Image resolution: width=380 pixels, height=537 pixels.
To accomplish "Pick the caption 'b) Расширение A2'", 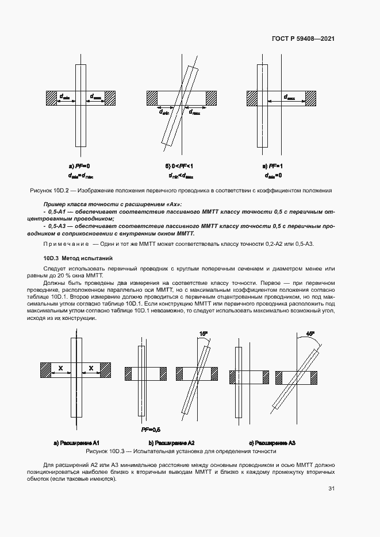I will pos(171,443).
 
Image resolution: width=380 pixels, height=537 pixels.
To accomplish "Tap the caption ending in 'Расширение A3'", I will pos(272,443).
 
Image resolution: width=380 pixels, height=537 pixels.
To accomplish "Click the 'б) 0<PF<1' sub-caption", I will pos(179,166).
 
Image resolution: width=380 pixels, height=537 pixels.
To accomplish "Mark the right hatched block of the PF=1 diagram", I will pos(311,98).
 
